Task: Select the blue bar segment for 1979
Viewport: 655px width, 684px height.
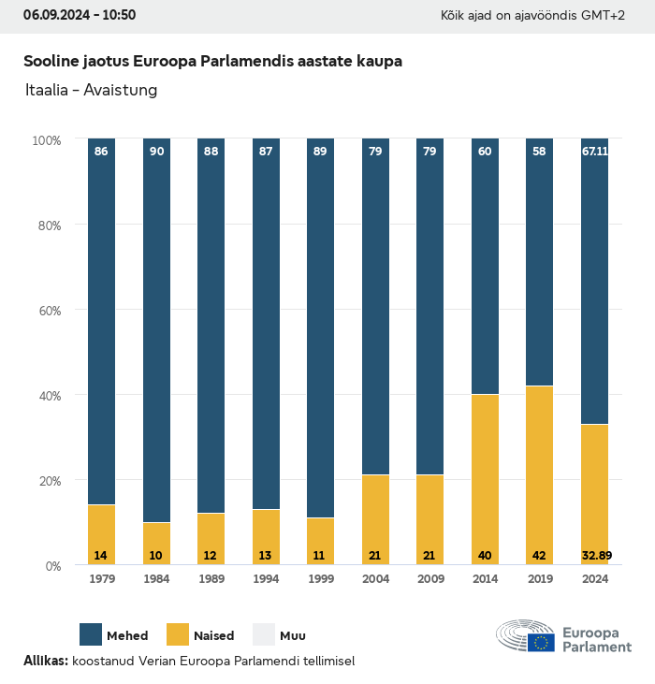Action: click(x=101, y=318)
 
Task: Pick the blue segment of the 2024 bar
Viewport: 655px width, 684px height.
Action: click(x=594, y=281)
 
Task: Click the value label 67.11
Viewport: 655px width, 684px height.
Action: click(x=595, y=151)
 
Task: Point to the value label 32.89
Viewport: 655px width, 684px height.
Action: click(x=595, y=556)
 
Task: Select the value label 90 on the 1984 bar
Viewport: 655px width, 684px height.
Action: click(x=156, y=151)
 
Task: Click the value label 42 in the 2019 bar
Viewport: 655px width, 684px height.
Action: click(x=540, y=556)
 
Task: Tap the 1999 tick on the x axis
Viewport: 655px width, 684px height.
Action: click(x=320, y=579)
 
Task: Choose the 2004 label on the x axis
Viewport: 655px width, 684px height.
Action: click(x=375, y=579)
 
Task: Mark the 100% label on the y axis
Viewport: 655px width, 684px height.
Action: click(x=47, y=139)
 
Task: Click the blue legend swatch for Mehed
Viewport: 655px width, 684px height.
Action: click(x=91, y=634)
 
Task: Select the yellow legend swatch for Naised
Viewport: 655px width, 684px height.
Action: click(x=178, y=634)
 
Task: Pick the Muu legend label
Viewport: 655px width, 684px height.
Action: click(x=293, y=635)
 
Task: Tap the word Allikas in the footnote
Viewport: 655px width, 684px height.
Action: click(x=44, y=661)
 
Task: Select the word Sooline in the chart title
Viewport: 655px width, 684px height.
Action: click(x=51, y=62)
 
